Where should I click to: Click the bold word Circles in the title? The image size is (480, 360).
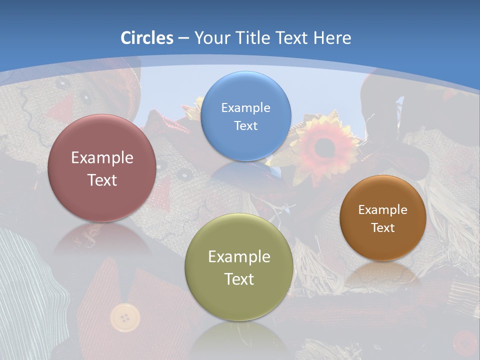point(147,38)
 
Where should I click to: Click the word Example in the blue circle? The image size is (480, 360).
point(245,107)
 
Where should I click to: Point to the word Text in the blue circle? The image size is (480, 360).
point(245,125)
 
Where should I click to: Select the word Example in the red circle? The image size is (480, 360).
point(102,158)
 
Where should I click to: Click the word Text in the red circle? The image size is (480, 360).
point(102,180)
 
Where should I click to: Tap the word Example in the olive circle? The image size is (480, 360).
point(239,257)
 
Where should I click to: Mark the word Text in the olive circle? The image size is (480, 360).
point(239,279)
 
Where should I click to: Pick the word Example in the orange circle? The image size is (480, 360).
point(383,210)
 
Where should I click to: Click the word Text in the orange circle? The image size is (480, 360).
point(383,228)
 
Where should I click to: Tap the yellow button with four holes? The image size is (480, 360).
point(125,317)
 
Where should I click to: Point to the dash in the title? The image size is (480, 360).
point(183,38)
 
